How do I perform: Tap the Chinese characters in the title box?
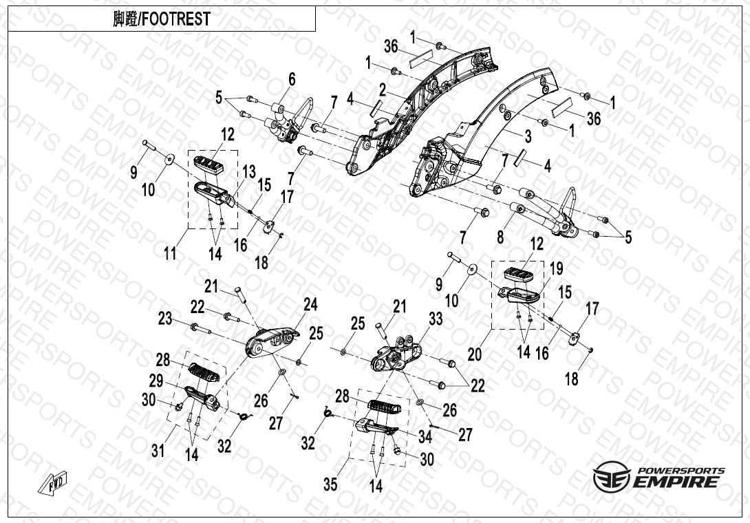(125, 19)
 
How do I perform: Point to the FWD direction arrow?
(52, 482)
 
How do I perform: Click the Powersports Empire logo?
(658, 476)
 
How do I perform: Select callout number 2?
(383, 89)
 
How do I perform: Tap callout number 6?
(292, 79)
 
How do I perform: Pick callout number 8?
(500, 236)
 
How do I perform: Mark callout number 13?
(249, 172)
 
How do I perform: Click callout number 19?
(556, 269)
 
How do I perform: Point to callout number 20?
(475, 354)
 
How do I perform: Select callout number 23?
(165, 318)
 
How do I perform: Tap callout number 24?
(310, 304)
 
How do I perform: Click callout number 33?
(436, 318)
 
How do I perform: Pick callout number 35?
(330, 484)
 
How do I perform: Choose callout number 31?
(158, 450)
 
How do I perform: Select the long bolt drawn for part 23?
(202, 329)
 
